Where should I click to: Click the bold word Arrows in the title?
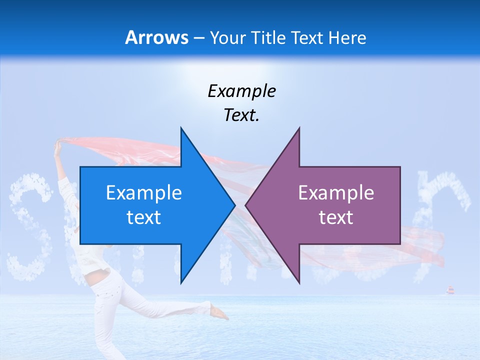(156, 37)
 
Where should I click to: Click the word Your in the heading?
(229, 38)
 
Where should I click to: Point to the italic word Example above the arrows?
(241, 91)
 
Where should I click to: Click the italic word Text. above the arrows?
(241, 115)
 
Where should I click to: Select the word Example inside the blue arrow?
(144, 193)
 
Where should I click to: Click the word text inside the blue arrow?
(144, 217)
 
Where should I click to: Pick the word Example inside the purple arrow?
(336, 193)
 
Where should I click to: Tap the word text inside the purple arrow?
(336, 217)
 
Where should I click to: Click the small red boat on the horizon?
(450, 290)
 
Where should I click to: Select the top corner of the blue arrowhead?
(181, 128)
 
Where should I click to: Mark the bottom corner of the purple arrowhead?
(299, 283)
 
